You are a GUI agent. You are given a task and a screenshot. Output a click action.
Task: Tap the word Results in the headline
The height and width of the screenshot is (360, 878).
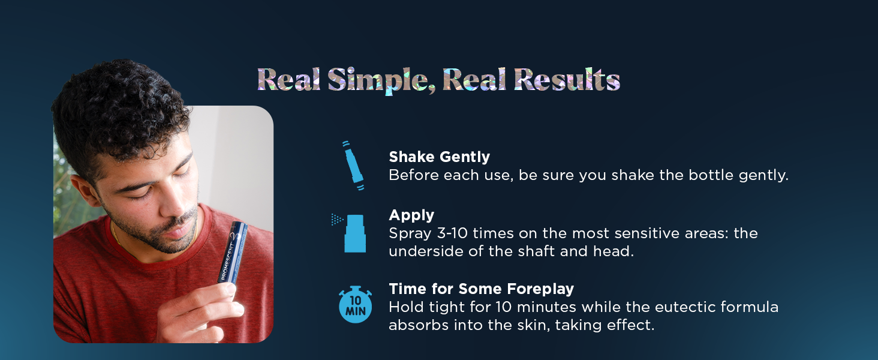tap(567, 80)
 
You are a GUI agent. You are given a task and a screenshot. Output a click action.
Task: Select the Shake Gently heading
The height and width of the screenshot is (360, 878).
tap(439, 157)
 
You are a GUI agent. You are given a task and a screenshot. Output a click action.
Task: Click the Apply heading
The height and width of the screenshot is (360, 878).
tap(411, 215)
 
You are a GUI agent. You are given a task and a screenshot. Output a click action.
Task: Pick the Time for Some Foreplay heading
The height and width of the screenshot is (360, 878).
tap(481, 289)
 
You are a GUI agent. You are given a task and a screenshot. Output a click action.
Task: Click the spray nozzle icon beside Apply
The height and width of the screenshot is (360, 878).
tap(354, 233)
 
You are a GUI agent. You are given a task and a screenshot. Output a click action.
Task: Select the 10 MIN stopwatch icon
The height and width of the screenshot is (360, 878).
tap(355, 305)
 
